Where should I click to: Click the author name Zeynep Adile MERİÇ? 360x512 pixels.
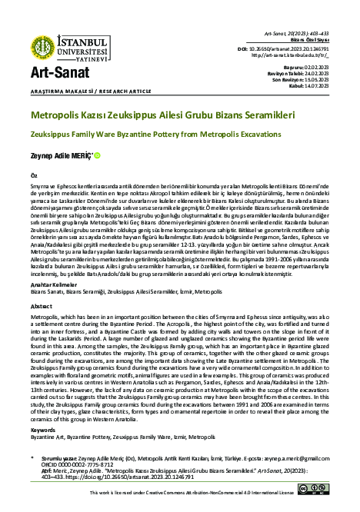(x=60, y=155)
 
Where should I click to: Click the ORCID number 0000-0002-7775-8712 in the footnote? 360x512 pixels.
(x=78, y=464)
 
